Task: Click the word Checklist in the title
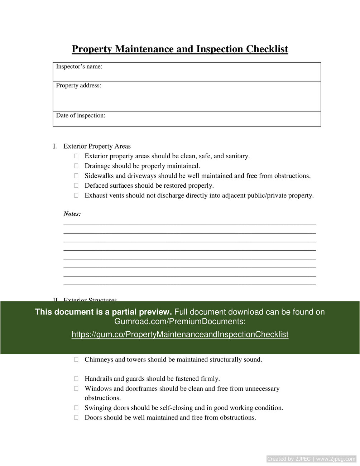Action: [x=267, y=49]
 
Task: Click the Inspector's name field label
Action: [x=79, y=67]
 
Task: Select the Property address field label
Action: [x=78, y=86]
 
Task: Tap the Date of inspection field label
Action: [x=81, y=116]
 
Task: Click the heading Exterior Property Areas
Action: [x=97, y=146]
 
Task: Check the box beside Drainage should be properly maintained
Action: [x=76, y=166]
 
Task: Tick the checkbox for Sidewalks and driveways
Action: [x=76, y=176]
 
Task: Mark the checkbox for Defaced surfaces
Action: [x=76, y=186]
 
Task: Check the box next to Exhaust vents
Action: [x=76, y=196]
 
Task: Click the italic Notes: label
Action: [x=72, y=214]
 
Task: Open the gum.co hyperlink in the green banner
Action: [x=180, y=335]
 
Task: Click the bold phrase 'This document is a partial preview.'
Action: [x=104, y=312]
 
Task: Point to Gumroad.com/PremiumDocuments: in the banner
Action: [x=180, y=322]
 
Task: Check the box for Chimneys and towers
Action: [x=76, y=360]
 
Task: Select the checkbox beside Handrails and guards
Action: [x=76, y=379]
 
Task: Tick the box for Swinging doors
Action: [x=76, y=408]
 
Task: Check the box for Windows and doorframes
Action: [x=76, y=389]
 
